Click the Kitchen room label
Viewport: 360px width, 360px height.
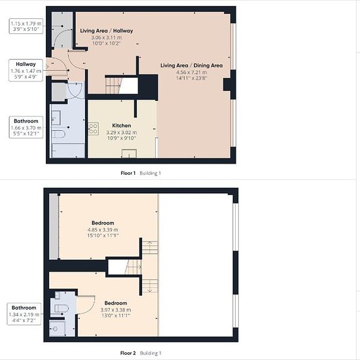(x=122, y=126)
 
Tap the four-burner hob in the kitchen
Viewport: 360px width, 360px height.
(x=94, y=129)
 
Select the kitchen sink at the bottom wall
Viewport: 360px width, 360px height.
(x=129, y=153)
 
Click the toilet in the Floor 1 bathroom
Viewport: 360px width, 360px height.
(x=58, y=134)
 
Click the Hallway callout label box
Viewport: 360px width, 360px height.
(x=26, y=70)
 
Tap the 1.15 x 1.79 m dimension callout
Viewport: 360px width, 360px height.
(x=26, y=26)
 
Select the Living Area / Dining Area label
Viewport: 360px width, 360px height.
(x=192, y=65)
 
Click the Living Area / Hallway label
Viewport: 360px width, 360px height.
(x=107, y=31)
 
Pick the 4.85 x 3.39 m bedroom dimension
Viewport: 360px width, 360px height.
(x=103, y=230)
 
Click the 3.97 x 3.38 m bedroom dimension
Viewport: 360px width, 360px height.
(x=116, y=310)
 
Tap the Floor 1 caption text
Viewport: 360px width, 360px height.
(x=128, y=173)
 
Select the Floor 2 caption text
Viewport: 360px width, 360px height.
(x=128, y=353)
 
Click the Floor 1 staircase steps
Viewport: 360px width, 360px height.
(x=113, y=86)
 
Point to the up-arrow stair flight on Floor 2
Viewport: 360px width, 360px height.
(x=150, y=247)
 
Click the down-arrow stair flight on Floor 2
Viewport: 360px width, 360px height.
(x=150, y=286)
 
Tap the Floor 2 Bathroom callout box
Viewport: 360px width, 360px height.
(x=24, y=314)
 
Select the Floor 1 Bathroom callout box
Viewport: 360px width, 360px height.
(x=26, y=127)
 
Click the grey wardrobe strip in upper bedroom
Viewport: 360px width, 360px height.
(x=54, y=226)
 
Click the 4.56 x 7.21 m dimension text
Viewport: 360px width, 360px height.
(x=192, y=72)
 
